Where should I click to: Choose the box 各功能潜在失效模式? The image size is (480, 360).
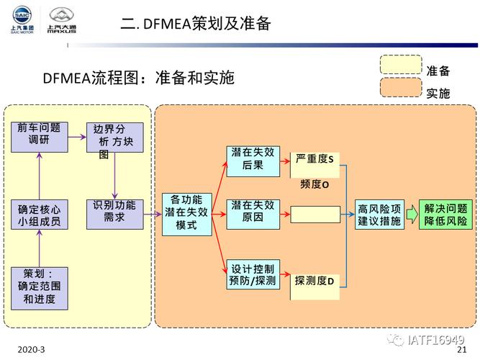pyautogui.click(x=186, y=214)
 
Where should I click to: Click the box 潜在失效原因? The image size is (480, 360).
pyautogui.click(x=253, y=214)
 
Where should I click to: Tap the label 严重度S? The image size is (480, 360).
pyautogui.click(x=315, y=158)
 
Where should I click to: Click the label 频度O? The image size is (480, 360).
pyautogui.click(x=314, y=185)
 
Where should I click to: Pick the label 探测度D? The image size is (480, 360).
pyautogui.click(x=314, y=281)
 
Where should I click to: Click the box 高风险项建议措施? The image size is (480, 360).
pyautogui.click(x=379, y=215)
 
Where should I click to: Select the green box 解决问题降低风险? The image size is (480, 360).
pyautogui.click(x=446, y=215)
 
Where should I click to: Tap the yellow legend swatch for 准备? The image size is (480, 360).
pyautogui.click(x=401, y=65)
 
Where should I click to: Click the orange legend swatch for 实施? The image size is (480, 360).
pyautogui.click(x=401, y=88)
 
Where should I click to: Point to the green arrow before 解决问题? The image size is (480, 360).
pyautogui.click(x=411, y=214)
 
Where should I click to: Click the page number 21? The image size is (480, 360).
pyautogui.click(x=463, y=349)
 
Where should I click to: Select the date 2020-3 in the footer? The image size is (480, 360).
pyautogui.click(x=32, y=349)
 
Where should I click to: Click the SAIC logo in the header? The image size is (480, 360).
pyautogui.click(x=20, y=20)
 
